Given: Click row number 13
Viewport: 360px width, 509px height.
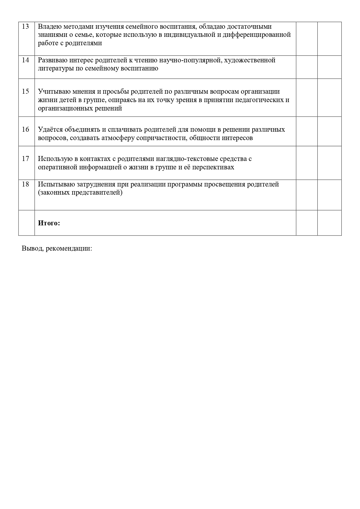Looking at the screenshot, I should (26, 27).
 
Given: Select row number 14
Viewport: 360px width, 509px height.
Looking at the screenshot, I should (26, 60).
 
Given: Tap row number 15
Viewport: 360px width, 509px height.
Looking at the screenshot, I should (26, 91).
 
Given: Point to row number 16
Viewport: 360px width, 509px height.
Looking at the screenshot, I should (26, 129).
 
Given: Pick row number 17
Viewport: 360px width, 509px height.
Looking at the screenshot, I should (26, 159).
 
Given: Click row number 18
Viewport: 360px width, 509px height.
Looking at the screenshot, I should (26, 184).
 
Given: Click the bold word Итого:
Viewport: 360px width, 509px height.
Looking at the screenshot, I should (49, 223).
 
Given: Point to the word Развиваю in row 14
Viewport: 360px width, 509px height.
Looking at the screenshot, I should (52, 60).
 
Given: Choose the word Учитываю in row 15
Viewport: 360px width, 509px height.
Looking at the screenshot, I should (53, 92).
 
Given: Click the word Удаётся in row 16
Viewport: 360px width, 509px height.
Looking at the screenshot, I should (50, 129).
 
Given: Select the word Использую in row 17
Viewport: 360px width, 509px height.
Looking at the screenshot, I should (54, 159).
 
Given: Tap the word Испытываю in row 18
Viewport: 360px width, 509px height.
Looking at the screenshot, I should (54, 184).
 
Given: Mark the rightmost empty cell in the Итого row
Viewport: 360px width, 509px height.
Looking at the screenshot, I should (329, 223).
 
